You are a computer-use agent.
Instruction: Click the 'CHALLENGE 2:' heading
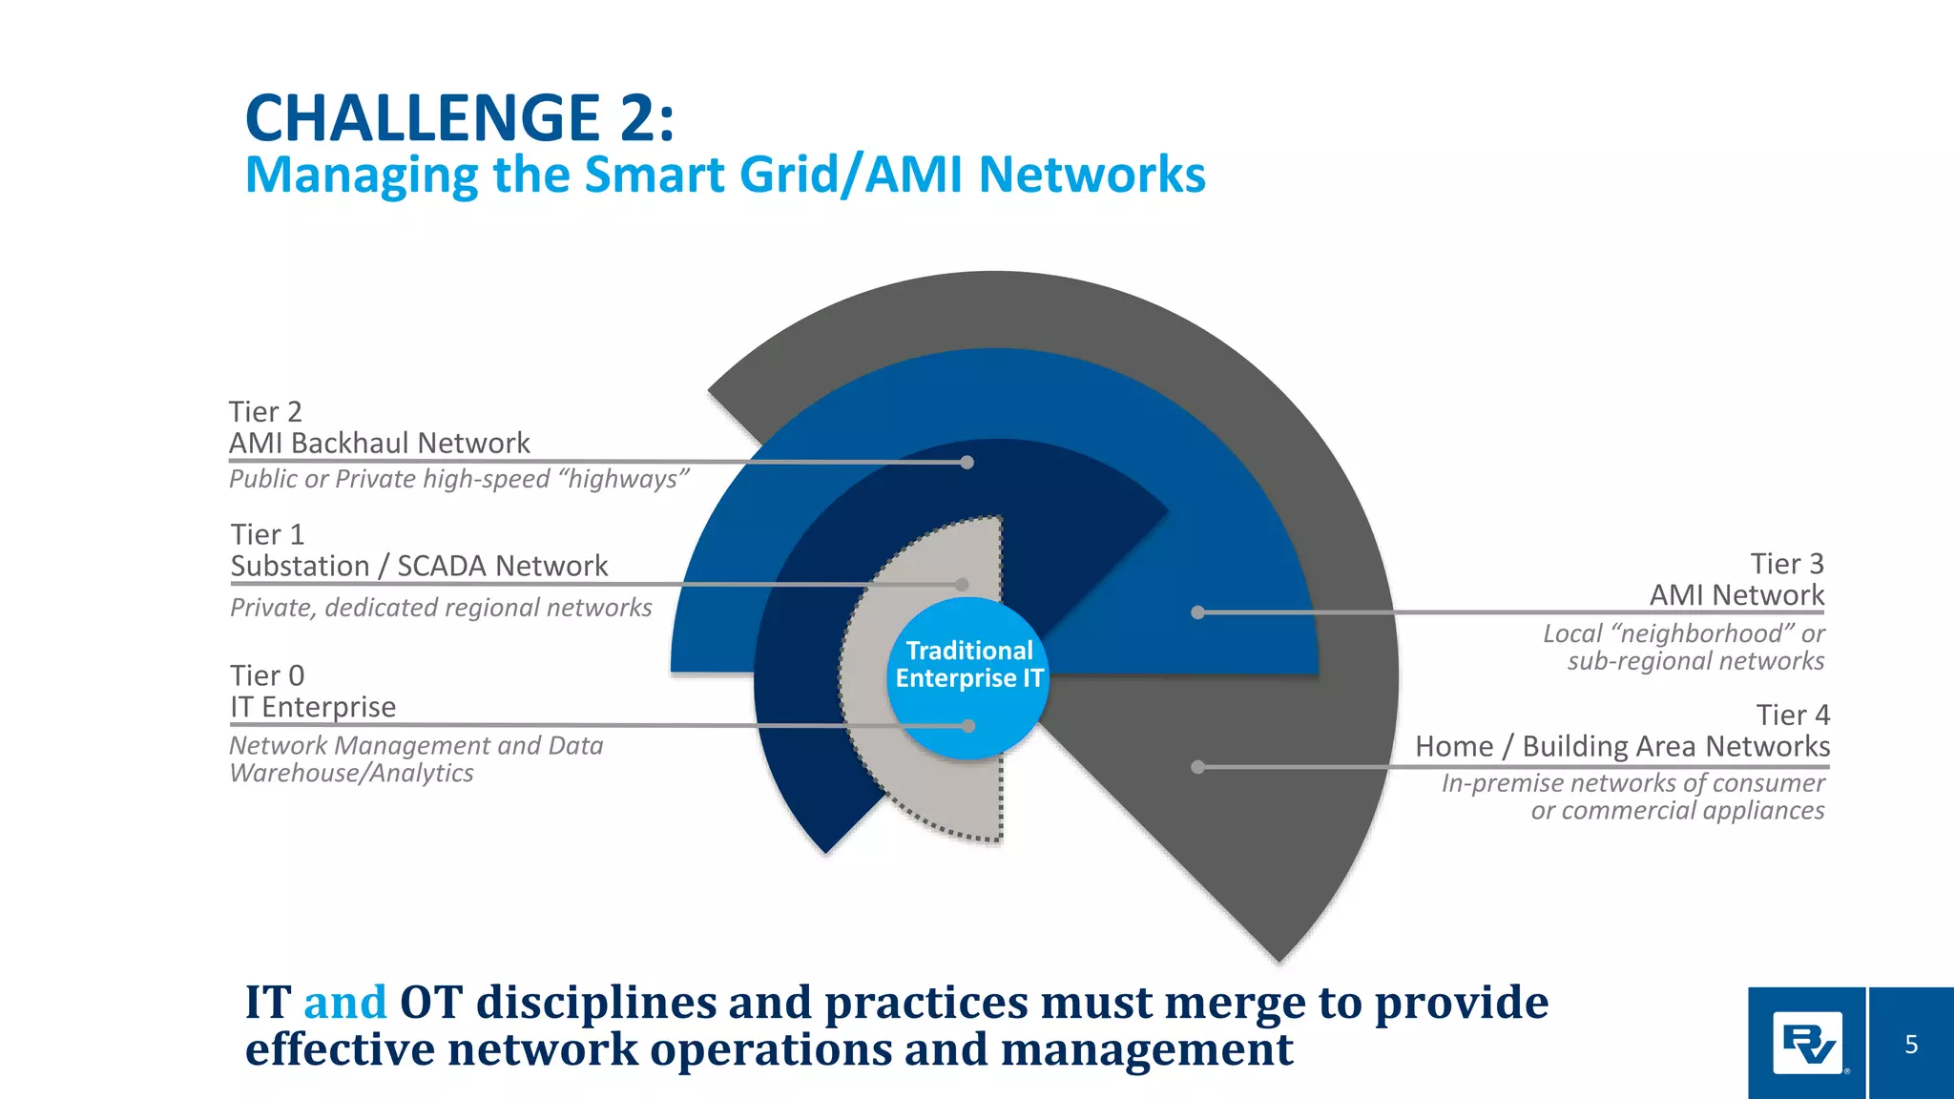(460, 118)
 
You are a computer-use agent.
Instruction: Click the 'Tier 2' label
(265, 412)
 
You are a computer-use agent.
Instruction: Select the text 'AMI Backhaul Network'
(379, 444)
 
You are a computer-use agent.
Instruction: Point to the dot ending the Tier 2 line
(967, 463)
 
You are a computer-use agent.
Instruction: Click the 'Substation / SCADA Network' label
(419, 567)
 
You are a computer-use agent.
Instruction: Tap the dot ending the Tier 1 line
(962, 585)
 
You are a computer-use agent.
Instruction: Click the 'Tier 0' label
(267, 675)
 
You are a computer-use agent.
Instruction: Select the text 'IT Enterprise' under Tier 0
(313, 707)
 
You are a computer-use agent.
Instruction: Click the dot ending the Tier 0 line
(968, 726)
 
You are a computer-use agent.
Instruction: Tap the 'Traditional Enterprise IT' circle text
(969, 665)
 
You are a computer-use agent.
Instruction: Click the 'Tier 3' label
(1786, 564)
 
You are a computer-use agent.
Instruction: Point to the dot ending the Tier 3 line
(1197, 612)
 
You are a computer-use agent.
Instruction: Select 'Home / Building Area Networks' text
(1622, 746)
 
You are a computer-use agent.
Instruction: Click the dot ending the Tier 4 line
(1197, 767)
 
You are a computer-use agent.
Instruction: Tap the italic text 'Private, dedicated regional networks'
(441, 608)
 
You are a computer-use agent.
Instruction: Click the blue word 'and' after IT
(344, 1003)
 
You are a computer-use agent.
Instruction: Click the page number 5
(1910, 1045)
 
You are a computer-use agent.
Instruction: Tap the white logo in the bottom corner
(1807, 1045)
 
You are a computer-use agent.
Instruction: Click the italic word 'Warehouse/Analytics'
(351, 773)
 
